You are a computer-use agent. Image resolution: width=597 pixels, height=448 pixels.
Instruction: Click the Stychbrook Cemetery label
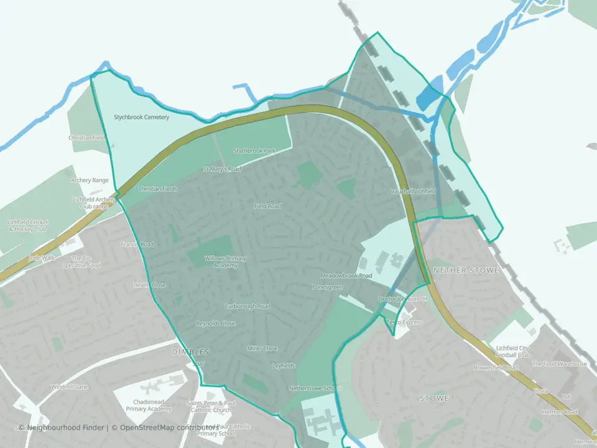[x=141, y=117]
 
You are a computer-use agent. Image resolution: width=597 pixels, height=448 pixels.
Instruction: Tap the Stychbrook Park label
[x=254, y=151]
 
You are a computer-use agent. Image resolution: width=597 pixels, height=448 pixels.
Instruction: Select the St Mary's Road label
[x=222, y=169]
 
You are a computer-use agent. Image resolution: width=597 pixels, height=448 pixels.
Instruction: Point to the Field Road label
[x=267, y=206]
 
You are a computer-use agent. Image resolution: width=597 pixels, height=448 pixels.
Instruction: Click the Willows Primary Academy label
[x=221, y=261]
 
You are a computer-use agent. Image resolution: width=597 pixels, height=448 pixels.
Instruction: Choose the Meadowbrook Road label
[x=346, y=275]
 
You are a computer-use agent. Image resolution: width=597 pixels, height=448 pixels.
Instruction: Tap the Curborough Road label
[x=248, y=306]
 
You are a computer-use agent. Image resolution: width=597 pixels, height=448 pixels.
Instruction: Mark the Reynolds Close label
[x=216, y=324]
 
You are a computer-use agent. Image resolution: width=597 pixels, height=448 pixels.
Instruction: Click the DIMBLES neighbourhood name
[x=190, y=352]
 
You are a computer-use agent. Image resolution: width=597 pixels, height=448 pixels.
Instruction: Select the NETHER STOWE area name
[x=457, y=271]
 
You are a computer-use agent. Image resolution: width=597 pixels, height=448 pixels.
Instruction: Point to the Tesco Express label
[x=404, y=322]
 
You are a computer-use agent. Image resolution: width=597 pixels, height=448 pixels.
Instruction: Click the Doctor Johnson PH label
[x=403, y=299]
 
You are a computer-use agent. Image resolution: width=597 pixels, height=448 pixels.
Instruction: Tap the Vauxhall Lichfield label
[x=414, y=191]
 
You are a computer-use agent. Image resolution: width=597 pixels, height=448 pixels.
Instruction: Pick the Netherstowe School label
[x=315, y=388]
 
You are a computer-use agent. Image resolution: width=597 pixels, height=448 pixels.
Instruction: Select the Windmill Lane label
[x=70, y=387]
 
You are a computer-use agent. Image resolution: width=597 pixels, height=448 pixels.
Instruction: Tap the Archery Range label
[x=90, y=180]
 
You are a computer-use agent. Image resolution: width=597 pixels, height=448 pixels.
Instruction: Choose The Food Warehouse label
[x=559, y=364]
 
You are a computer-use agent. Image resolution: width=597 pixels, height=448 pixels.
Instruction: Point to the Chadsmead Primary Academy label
[x=149, y=405]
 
